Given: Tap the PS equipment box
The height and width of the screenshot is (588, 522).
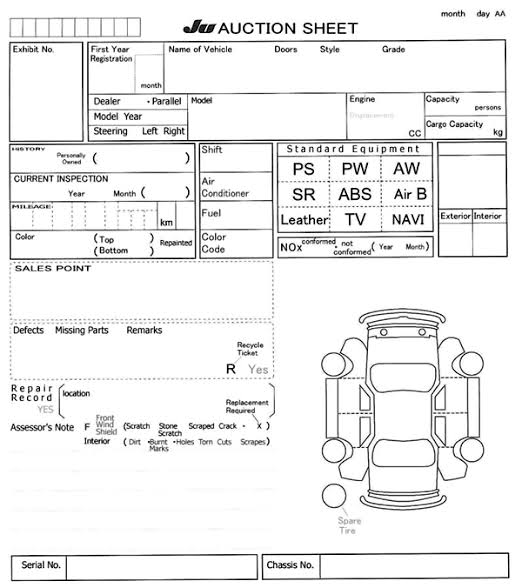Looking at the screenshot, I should pyautogui.click(x=303, y=169).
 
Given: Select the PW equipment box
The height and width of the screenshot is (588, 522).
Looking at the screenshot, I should pyautogui.click(x=355, y=169).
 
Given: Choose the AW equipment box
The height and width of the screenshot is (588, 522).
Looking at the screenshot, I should pyautogui.click(x=407, y=169).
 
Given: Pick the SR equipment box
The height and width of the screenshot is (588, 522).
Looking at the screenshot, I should pyautogui.click(x=303, y=194).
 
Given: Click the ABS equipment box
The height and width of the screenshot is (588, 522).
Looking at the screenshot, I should pyautogui.click(x=355, y=194).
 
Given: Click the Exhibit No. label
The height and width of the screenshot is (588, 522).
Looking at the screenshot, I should pyautogui.click(x=33, y=49).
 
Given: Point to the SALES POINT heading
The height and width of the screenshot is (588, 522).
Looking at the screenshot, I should pyautogui.click(x=52, y=269).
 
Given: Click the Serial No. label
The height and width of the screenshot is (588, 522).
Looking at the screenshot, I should pyautogui.click(x=41, y=566).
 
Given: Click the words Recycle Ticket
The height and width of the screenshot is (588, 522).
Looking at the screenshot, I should pyautogui.click(x=248, y=349).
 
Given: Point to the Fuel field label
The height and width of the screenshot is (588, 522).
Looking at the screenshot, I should pyautogui.click(x=211, y=213).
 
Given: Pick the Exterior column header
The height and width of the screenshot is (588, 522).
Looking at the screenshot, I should pyautogui.click(x=455, y=216).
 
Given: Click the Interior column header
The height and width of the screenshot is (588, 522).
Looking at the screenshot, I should pyautogui.click(x=488, y=216).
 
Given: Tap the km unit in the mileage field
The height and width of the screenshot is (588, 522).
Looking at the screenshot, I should pyautogui.click(x=166, y=223).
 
